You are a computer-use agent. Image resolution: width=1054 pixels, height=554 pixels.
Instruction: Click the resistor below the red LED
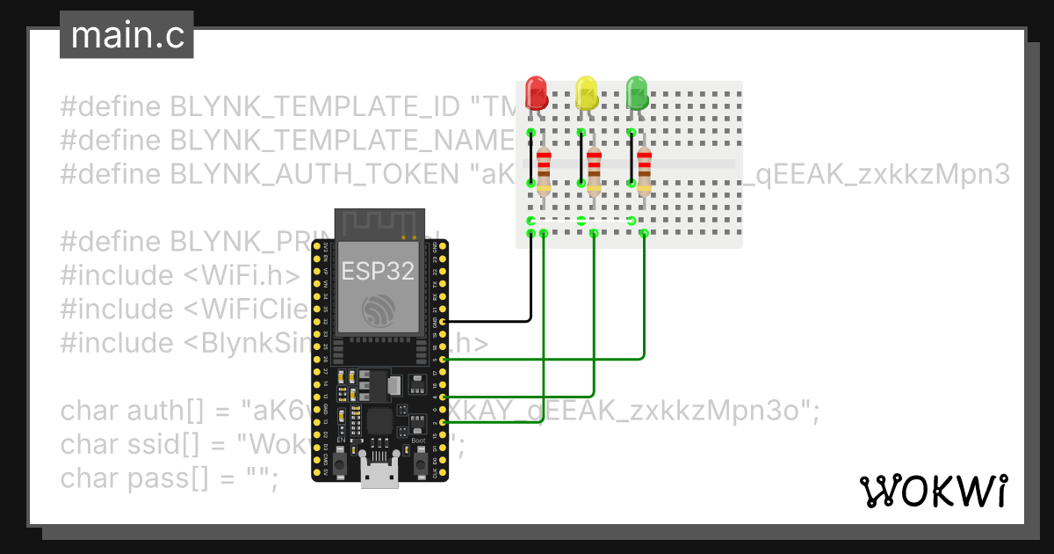[544, 170]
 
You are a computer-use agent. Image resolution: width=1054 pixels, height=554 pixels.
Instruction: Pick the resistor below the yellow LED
[595, 170]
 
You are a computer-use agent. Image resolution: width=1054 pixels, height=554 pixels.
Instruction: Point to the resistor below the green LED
[645, 170]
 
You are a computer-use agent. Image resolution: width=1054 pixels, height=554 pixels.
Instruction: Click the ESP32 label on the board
[378, 271]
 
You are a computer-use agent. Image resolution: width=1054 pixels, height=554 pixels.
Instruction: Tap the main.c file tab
[126, 36]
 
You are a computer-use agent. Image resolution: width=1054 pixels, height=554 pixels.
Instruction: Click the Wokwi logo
[934, 492]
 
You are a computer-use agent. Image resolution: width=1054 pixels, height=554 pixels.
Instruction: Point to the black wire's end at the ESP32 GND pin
[443, 322]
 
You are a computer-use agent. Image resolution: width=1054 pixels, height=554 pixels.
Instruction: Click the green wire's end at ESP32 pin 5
[443, 360]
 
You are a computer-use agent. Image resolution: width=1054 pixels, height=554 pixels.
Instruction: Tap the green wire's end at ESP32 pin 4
[443, 397]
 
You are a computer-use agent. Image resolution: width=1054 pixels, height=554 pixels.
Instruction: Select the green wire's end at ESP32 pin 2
[443, 423]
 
